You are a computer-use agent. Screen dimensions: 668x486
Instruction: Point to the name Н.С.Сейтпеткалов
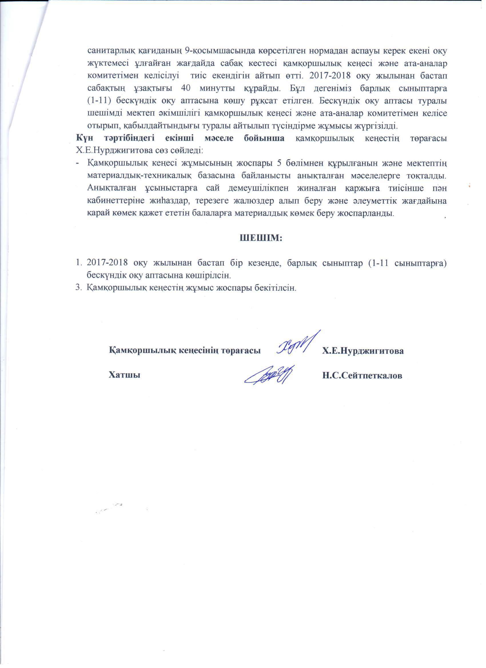362,376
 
